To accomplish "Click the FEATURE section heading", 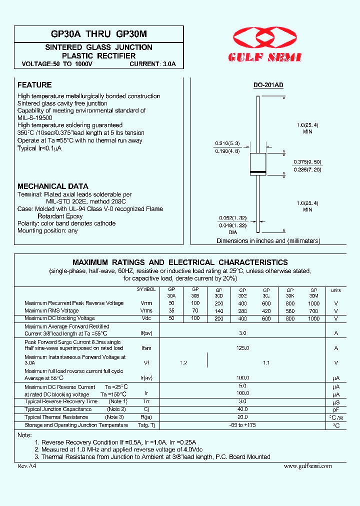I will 34,85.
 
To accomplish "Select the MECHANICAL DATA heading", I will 53,186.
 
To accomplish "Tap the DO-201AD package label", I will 268,85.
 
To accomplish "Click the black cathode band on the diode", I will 257,172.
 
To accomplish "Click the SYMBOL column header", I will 146,289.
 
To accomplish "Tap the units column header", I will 336,290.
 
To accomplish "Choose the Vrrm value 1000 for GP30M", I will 313,303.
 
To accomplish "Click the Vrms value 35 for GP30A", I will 171,311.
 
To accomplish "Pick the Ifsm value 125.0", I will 243,348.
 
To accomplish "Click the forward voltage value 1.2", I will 183,363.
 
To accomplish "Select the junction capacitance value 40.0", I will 243,409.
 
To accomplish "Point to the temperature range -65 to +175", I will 243,425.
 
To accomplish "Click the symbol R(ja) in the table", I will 146,417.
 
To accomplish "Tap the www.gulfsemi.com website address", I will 307,466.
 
